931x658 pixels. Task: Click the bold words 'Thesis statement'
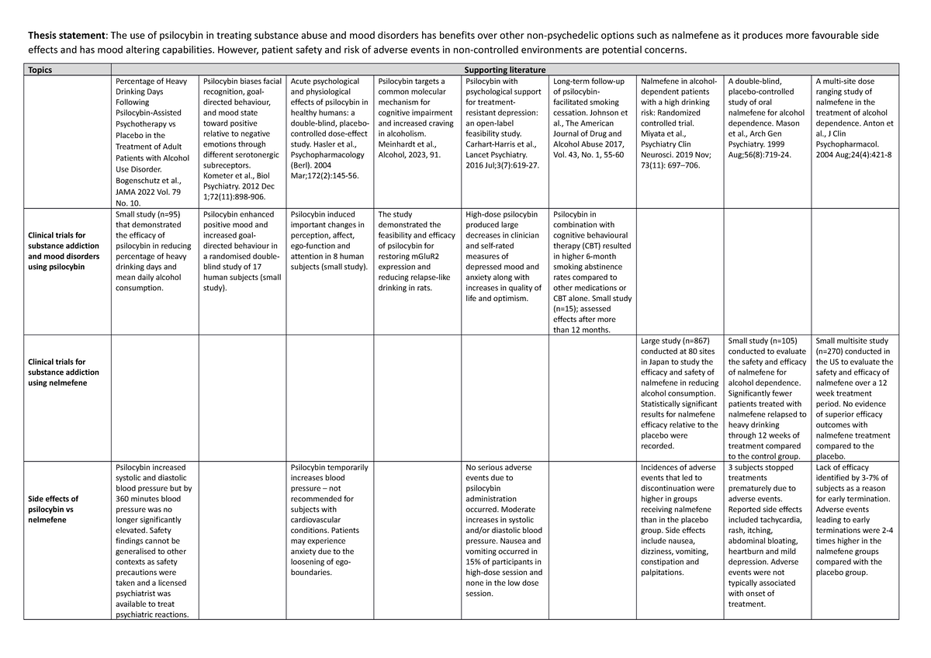[x=65, y=36]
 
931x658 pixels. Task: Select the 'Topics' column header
[x=40, y=70]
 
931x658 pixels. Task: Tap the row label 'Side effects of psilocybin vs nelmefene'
[x=53, y=509]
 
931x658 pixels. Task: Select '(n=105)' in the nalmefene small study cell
[x=779, y=340]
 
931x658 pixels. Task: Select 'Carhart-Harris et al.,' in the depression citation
[x=501, y=144]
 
